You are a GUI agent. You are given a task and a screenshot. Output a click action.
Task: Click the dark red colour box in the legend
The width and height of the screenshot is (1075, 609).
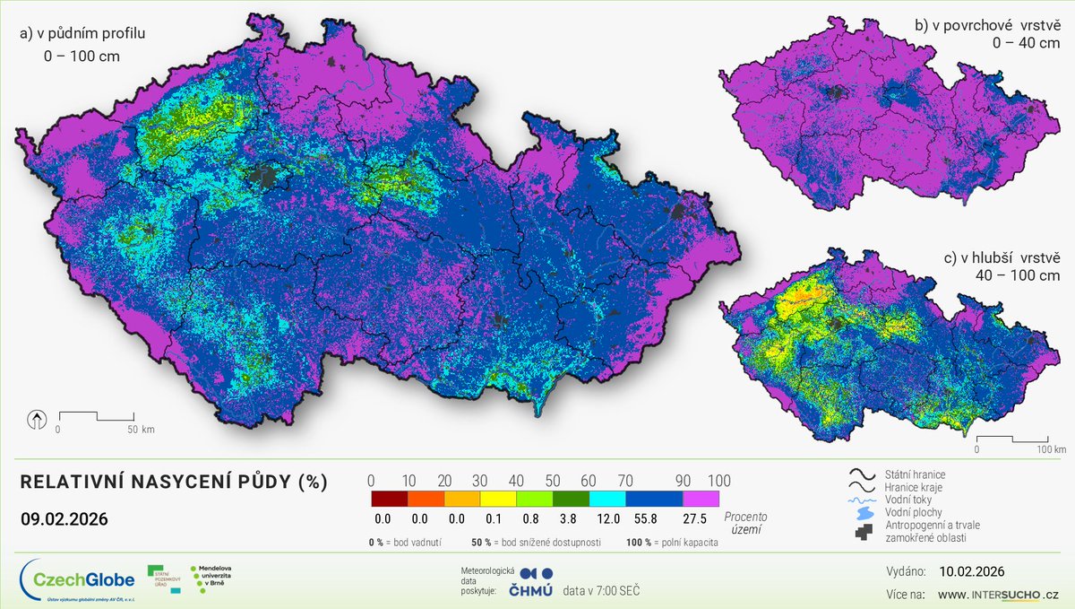pyautogui.click(x=389, y=500)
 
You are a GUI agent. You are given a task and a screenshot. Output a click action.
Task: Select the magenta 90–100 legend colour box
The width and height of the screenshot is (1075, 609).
pyautogui.click(x=701, y=500)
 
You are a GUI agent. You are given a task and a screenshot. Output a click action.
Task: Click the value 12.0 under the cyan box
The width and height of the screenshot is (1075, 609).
pyautogui.click(x=607, y=519)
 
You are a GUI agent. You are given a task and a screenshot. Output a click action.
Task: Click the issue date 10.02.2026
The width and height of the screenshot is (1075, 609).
pyautogui.click(x=972, y=571)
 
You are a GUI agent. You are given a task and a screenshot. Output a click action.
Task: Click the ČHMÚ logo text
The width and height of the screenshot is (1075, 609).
pyautogui.click(x=529, y=590)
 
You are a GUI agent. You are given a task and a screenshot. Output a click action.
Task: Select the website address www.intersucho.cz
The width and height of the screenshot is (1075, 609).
pyautogui.click(x=999, y=594)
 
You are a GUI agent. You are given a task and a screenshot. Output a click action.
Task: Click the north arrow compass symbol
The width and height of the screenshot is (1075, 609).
pyautogui.click(x=37, y=418)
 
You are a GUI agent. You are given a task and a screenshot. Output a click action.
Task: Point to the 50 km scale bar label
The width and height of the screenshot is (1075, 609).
pyautogui.click(x=141, y=430)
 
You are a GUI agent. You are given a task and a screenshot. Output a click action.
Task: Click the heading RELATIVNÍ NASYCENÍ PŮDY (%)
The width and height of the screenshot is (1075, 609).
pyautogui.click(x=174, y=483)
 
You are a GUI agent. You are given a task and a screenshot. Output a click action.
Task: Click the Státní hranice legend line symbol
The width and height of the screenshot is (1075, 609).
pyautogui.click(x=862, y=474)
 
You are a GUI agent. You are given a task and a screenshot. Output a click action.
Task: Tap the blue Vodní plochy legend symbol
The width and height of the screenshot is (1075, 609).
pyautogui.click(x=862, y=512)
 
